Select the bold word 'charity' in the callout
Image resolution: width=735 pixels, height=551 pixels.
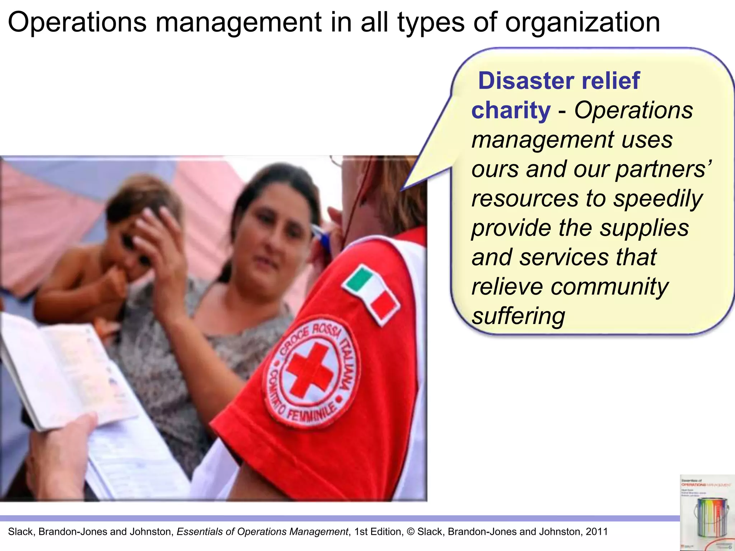click(x=511, y=110)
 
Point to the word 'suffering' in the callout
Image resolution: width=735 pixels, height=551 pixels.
click(x=518, y=316)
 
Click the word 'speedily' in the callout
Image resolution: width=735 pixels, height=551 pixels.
click(x=657, y=199)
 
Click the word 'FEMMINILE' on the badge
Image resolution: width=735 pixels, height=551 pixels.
click(x=312, y=416)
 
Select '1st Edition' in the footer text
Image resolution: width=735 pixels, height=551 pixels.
click(x=378, y=532)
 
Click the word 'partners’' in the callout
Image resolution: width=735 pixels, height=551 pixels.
click(x=664, y=169)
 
